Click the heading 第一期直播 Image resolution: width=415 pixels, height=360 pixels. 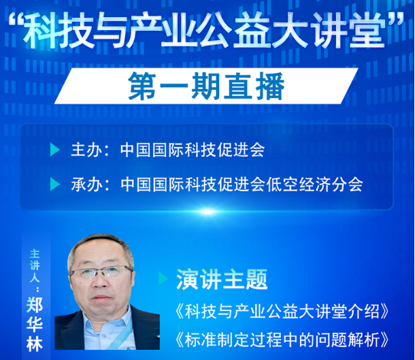pyautogui.click(x=206, y=86)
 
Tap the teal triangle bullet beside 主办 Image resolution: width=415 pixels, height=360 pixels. pyautogui.click(x=55, y=150)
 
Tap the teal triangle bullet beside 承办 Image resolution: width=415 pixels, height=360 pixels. pyautogui.click(x=55, y=184)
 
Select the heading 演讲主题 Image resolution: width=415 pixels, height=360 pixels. pyautogui.click(x=222, y=279)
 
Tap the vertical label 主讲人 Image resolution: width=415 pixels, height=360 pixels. pyautogui.click(x=35, y=265)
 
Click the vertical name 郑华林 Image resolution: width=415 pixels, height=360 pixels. pyautogui.click(x=35, y=324)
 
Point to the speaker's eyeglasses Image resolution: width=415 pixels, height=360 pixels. pyautogui.click(x=101, y=273)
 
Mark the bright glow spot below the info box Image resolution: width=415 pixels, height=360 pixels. pyautogui.click(x=207, y=211)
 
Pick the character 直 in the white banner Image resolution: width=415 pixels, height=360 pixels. pyautogui.click(x=237, y=86)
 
